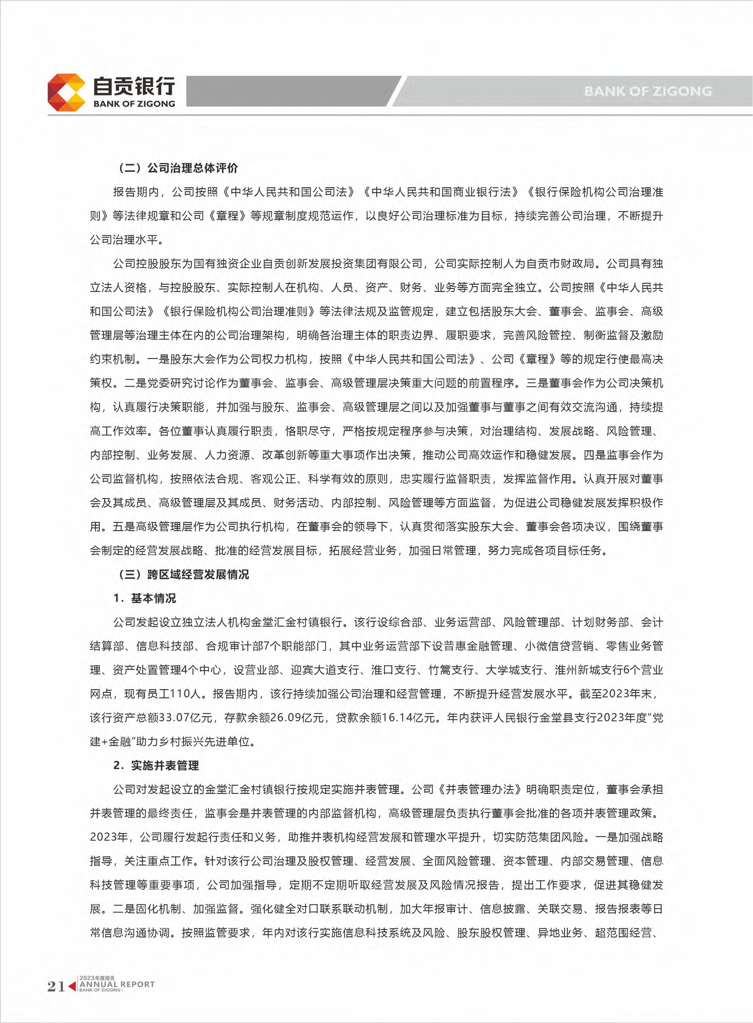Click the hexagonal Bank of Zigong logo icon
66,93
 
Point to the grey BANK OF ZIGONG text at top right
648,91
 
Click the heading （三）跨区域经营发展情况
184,574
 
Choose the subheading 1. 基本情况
145,598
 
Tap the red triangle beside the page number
72,986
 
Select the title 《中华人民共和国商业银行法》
441,192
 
